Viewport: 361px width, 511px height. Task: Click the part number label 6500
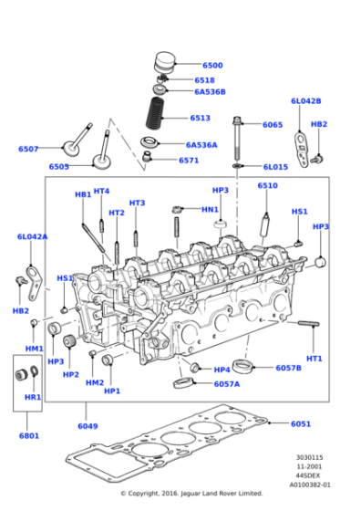click(211, 66)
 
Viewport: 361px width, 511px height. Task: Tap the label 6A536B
click(209, 92)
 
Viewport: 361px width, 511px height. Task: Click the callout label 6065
click(273, 124)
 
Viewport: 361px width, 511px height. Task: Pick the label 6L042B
click(305, 101)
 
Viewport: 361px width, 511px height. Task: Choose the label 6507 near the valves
click(28, 149)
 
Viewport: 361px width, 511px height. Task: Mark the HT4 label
click(101, 191)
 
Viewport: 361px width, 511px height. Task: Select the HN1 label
click(210, 209)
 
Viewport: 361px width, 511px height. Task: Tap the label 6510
click(267, 185)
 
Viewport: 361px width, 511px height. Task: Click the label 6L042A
click(32, 236)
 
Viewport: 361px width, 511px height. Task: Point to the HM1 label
click(34, 349)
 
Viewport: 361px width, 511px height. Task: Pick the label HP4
click(222, 370)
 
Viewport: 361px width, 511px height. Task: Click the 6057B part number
click(288, 368)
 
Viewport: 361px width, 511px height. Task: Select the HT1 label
click(315, 358)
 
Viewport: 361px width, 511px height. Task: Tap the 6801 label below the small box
click(29, 435)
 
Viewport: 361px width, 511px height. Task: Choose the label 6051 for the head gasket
click(302, 423)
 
